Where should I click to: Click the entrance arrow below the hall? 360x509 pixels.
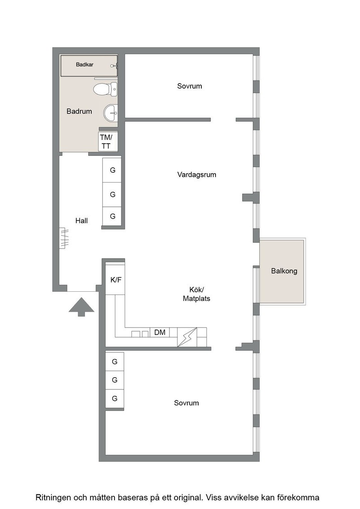tap(81, 307)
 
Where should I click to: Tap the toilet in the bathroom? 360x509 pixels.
tap(105, 89)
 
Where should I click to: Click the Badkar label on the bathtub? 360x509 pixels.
tap(85, 65)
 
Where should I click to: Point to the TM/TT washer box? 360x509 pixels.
tap(108, 141)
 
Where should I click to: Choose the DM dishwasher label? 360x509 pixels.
tap(160, 332)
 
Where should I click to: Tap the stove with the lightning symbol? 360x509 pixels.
tap(187, 337)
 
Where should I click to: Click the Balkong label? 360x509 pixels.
tap(284, 271)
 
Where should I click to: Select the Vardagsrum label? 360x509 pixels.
tap(197, 175)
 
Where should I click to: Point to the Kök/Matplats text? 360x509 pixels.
tap(196, 294)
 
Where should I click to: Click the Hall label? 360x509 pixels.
tap(81, 221)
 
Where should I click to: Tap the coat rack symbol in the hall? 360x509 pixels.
tap(64, 238)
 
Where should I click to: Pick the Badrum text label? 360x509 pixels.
tap(79, 111)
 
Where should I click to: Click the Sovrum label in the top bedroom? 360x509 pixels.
tap(190, 86)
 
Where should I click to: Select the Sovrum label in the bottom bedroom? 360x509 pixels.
tap(186, 403)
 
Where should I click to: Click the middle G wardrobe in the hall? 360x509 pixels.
tap(112, 195)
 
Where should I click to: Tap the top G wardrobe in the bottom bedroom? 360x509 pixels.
tap(115, 362)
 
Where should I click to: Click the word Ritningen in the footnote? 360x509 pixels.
tap(53, 498)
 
